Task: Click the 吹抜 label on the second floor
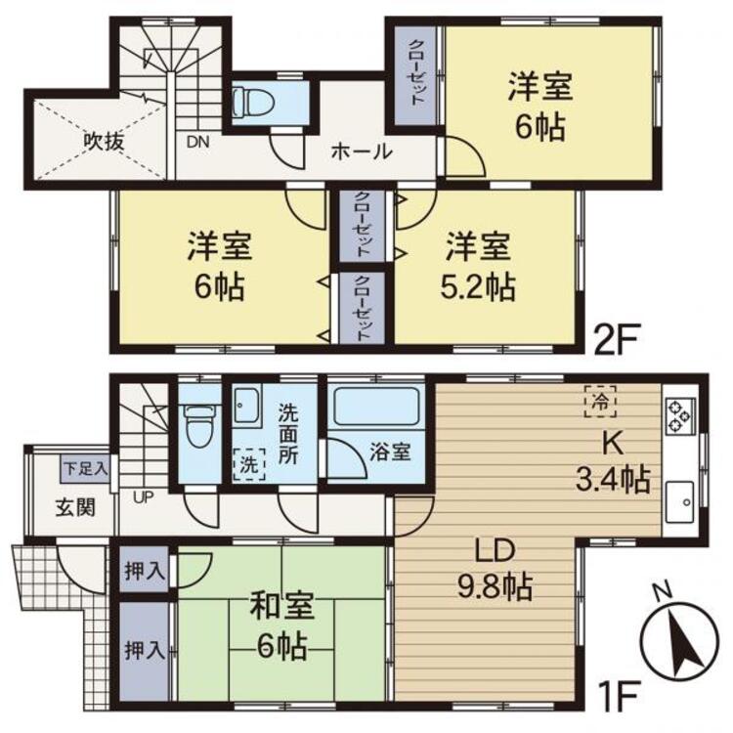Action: click(104, 141)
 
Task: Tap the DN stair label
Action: click(197, 142)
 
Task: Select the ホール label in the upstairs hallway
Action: click(361, 151)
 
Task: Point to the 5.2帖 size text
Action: click(478, 287)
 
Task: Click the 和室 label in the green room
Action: click(280, 605)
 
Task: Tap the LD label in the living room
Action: click(496, 550)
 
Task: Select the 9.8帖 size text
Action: click(495, 586)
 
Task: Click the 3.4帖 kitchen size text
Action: click(612, 479)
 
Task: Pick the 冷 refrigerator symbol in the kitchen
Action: click(601, 401)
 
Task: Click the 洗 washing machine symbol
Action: click(249, 464)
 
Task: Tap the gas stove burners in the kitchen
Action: click(680, 415)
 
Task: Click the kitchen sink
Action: click(680, 501)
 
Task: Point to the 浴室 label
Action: click(390, 452)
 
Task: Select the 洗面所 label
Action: click(288, 433)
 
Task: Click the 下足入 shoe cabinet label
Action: click(86, 468)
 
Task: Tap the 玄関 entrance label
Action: click(75, 507)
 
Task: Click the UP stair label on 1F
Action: click(143, 497)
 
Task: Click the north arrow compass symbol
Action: click(680, 642)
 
